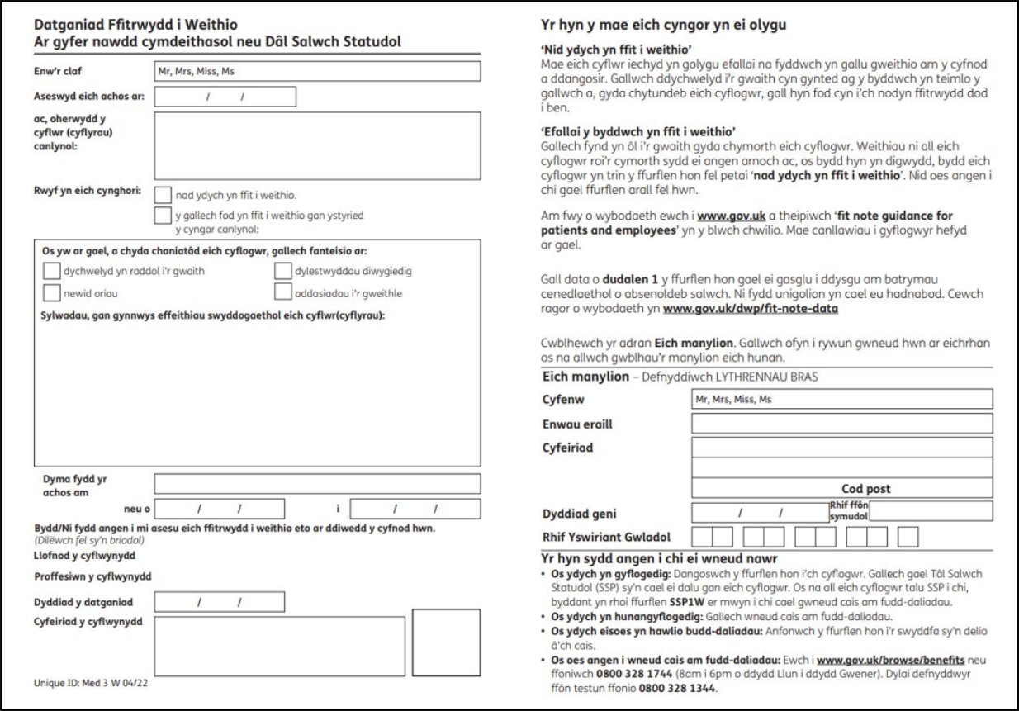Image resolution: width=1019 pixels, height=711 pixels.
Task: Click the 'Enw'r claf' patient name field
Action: click(x=317, y=71)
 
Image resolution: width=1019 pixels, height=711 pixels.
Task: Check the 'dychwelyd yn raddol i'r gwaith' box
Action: click(x=51, y=269)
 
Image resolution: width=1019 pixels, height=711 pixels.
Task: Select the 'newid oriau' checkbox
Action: click(x=51, y=292)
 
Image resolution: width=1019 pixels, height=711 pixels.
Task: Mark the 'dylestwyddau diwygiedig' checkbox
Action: click(x=282, y=269)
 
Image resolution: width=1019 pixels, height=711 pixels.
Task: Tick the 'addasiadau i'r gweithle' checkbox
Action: click(x=282, y=292)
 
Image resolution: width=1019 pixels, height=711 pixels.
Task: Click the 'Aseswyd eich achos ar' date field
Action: click(x=224, y=97)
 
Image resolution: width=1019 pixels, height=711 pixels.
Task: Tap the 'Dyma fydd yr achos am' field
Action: click(x=317, y=483)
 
